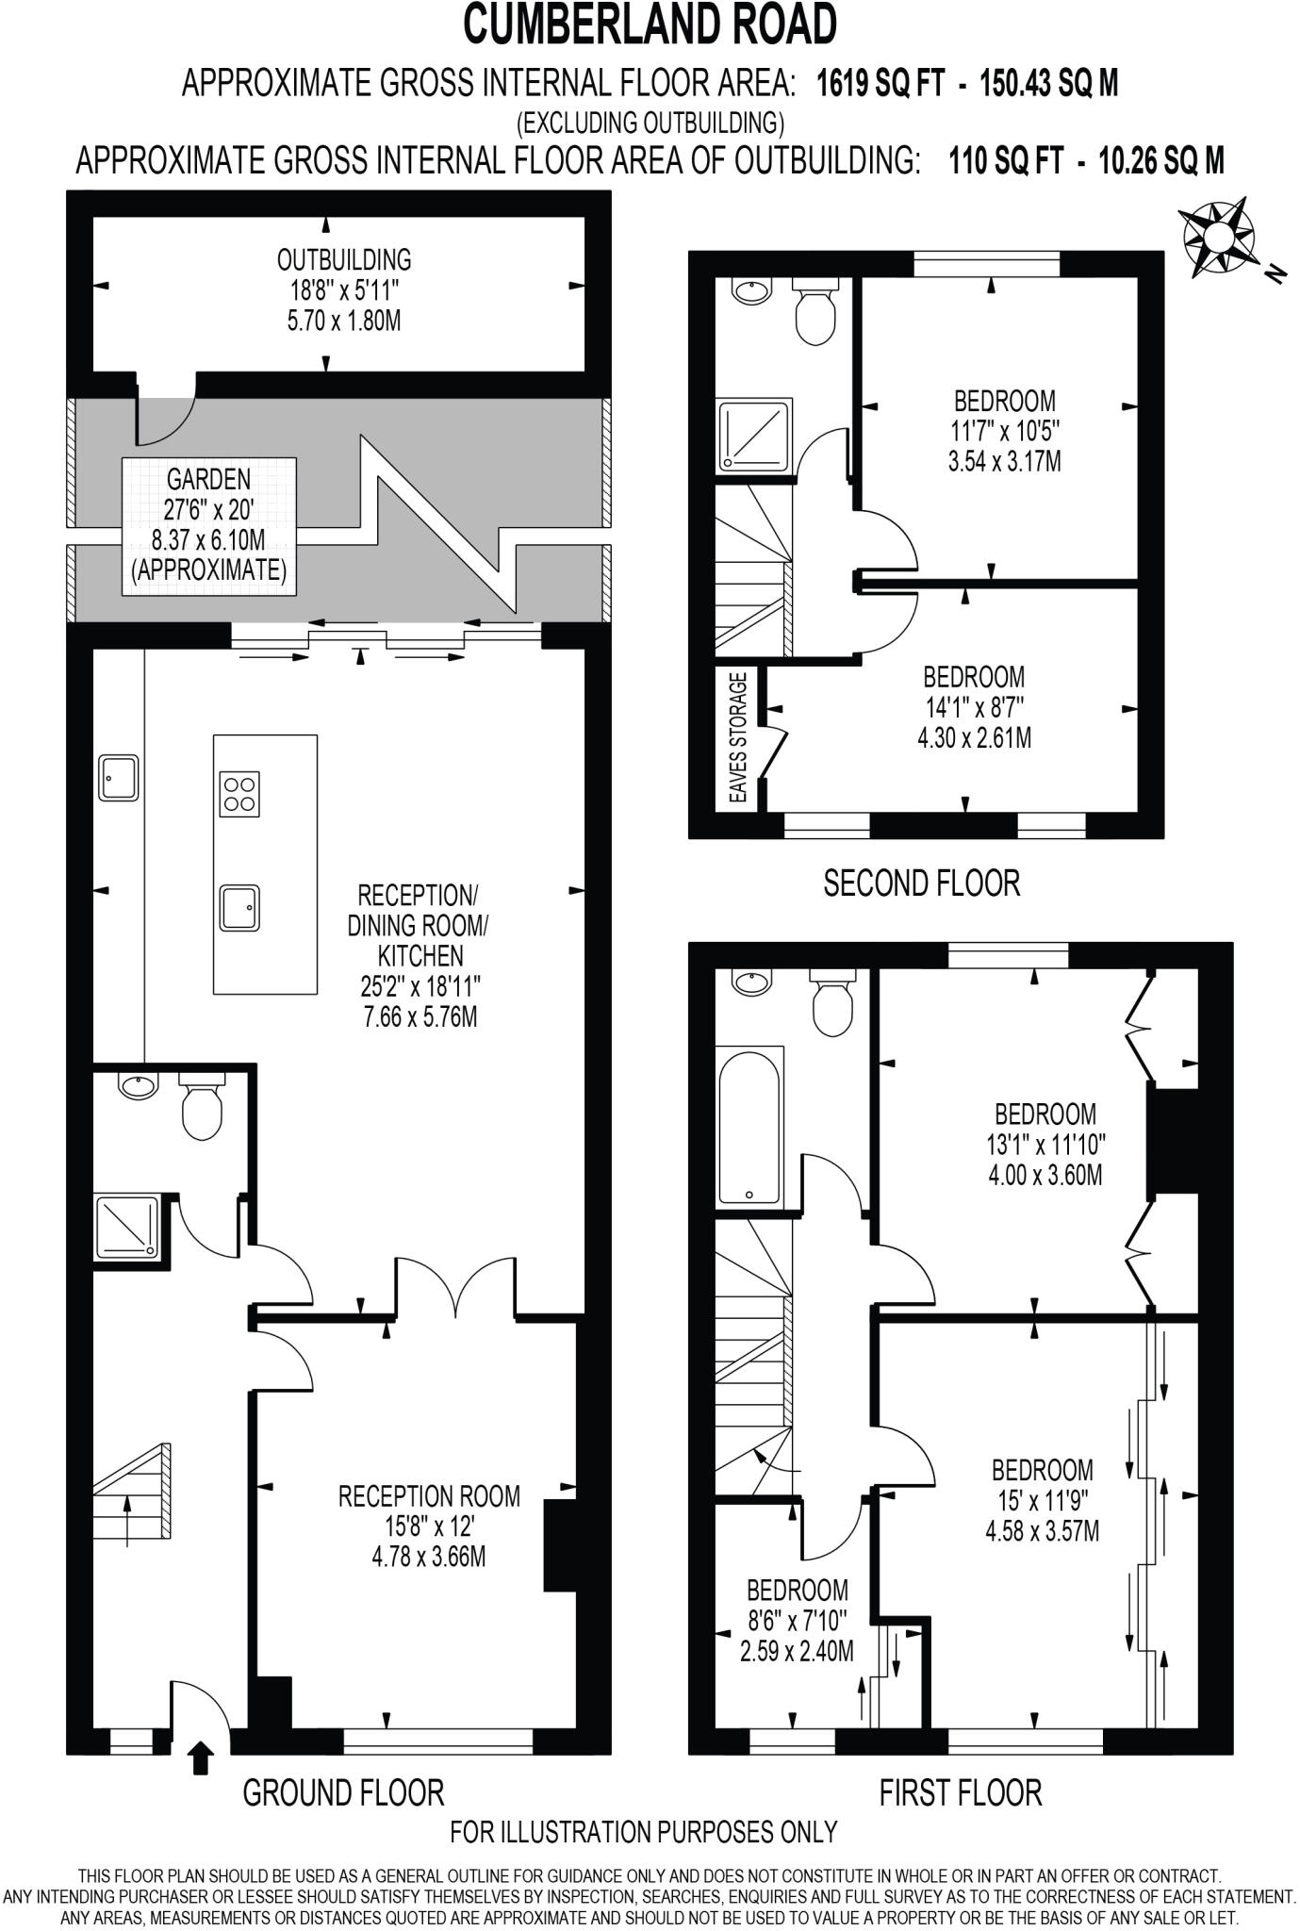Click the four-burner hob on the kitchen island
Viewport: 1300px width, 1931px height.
click(x=239, y=793)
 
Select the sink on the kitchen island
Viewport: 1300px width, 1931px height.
click(x=239, y=908)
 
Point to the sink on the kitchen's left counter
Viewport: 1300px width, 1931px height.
click(x=119, y=777)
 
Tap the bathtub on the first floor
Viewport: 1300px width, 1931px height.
click(x=749, y=1126)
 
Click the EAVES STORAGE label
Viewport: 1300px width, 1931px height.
click(x=738, y=737)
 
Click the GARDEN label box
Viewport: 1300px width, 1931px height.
click(x=208, y=525)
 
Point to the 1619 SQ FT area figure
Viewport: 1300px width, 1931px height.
click(x=880, y=84)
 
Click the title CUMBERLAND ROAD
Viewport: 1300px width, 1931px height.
click(x=650, y=25)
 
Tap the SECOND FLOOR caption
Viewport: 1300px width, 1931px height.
click(x=921, y=883)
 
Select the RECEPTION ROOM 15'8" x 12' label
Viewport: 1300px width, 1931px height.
click(x=429, y=1525)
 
